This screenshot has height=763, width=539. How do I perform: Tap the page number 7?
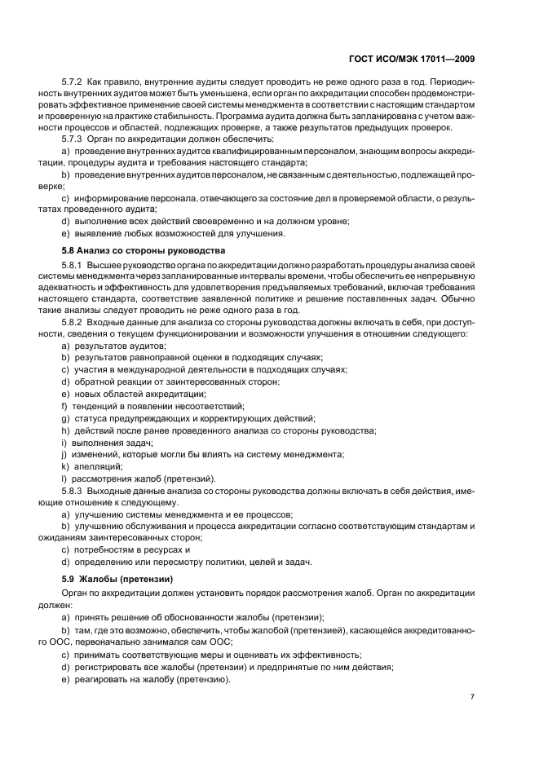pos(473,697)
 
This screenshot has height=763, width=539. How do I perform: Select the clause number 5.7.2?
pos(75,84)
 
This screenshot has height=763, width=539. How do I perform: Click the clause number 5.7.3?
pos(75,140)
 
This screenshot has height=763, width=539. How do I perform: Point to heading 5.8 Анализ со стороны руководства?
pos(132,249)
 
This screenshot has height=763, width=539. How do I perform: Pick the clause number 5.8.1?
pos(75,266)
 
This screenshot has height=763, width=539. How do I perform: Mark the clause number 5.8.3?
pos(75,490)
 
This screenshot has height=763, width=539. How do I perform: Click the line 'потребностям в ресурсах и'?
pos(130,550)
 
